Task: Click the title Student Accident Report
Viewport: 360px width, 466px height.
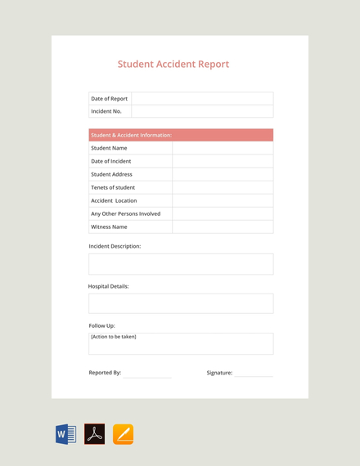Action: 173,64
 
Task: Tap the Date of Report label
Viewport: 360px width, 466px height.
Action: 109,99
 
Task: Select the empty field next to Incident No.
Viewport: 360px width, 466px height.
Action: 202,111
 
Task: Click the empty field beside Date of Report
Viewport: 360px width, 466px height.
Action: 202,99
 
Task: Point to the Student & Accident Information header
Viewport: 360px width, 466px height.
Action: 132,135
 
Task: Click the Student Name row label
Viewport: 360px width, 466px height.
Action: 109,148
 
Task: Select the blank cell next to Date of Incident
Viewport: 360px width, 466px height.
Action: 223,161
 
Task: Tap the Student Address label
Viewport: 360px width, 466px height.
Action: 111,174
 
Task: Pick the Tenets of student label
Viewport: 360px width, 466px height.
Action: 113,187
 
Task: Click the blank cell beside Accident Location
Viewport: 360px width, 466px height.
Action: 223,200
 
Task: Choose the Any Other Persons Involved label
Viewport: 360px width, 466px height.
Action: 125,213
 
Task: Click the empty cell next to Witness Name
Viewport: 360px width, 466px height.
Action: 223,226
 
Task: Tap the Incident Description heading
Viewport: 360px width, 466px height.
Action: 115,246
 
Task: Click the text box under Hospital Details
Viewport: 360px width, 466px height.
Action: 181,303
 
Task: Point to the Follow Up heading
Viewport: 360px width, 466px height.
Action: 101,325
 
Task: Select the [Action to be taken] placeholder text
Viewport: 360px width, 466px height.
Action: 114,337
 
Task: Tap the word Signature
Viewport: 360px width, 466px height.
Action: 219,373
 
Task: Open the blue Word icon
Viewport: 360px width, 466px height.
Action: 66,434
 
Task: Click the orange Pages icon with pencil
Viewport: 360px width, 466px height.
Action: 123,434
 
